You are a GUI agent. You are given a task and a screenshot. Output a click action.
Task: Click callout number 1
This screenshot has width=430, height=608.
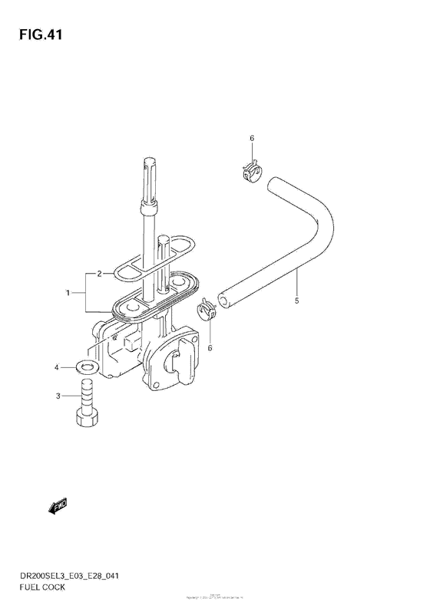[x=69, y=292]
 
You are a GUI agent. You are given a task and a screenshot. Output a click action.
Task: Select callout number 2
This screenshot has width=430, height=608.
[x=99, y=273]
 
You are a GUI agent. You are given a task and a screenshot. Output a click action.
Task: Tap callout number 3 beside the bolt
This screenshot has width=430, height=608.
[x=55, y=369]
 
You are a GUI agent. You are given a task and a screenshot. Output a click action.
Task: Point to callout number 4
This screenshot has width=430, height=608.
[x=296, y=302]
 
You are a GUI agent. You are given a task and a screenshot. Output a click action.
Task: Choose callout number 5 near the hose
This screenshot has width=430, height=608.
[x=250, y=138]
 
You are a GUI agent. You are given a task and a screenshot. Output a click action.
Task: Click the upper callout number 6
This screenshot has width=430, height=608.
[x=250, y=138]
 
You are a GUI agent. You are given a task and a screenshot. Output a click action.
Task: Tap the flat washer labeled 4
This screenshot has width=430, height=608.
[x=86, y=366]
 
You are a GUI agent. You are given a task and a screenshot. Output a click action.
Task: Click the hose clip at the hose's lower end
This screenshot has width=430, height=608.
[x=207, y=309]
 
